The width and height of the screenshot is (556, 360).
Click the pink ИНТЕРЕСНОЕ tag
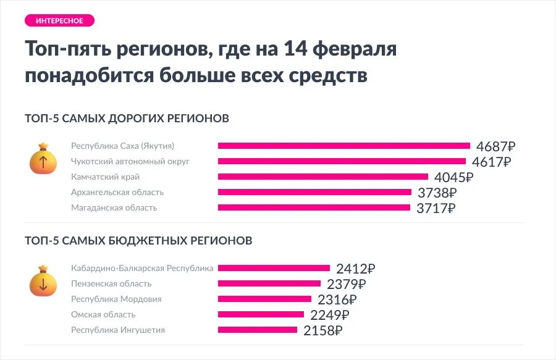click(59, 20)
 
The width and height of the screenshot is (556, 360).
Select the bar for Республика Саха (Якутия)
click(344, 146)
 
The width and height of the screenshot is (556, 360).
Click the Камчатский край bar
click(323, 177)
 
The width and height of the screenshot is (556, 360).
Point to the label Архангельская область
click(117, 192)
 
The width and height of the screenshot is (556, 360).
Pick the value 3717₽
click(436, 208)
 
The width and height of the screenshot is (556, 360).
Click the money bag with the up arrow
click(43, 160)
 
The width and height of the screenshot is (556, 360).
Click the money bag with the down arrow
click(43, 282)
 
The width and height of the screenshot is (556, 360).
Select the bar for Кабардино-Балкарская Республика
click(274, 268)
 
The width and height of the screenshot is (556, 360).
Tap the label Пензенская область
click(111, 283)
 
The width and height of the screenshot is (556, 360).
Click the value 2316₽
click(337, 299)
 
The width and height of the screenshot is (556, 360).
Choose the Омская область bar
click(261, 314)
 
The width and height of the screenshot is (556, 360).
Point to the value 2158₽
click(322, 330)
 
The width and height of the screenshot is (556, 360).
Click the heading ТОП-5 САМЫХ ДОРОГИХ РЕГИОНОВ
click(127, 118)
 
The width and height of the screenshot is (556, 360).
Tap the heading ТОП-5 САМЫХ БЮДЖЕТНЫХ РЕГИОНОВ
click(138, 240)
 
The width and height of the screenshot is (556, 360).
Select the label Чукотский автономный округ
click(130, 161)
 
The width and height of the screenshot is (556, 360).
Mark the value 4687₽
click(495, 146)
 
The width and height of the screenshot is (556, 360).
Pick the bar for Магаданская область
click(314, 207)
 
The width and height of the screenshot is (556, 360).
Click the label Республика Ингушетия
click(118, 330)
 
